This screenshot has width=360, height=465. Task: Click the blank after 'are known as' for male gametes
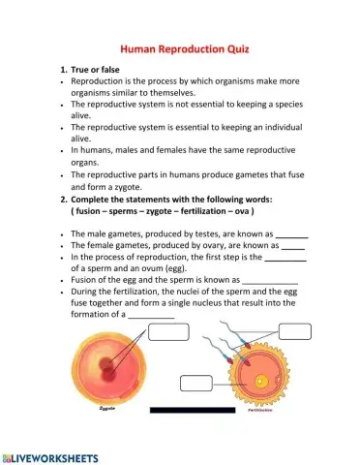pos(292,235)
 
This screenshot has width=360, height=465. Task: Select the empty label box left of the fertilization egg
pos(196,382)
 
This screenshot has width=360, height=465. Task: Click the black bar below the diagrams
pos(193,411)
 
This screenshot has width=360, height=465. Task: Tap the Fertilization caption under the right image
pos(259,410)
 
